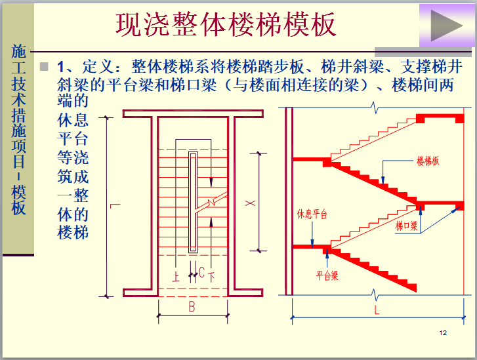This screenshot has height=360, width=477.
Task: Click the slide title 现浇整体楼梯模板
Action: pyautogui.click(x=226, y=24)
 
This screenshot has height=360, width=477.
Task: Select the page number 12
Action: pyautogui.click(x=443, y=334)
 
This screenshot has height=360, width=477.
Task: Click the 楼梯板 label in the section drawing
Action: pyautogui.click(x=428, y=161)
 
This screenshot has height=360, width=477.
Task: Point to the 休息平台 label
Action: pyautogui.click(x=312, y=214)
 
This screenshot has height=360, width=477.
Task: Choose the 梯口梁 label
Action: pyautogui.click(x=407, y=226)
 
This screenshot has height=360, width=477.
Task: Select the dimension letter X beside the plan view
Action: pyautogui.click(x=249, y=203)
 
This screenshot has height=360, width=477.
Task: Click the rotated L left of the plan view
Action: pyautogui.click(x=115, y=207)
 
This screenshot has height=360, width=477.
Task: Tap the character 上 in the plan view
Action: pyautogui.click(x=176, y=276)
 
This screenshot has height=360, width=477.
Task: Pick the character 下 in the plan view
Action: pyautogui.click(x=211, y=276)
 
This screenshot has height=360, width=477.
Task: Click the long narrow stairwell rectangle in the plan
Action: pyautogui.click(x=193, y=202)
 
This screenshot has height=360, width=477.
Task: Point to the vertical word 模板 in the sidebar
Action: pyautogui.click(x=18, y=200)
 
